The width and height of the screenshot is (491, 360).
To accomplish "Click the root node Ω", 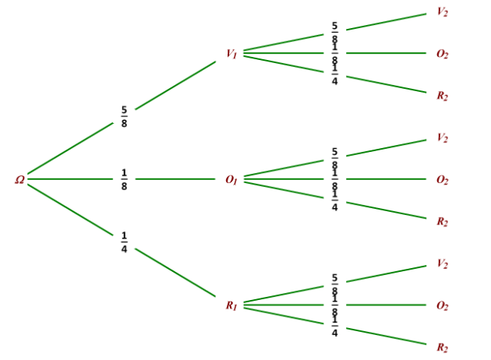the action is click(x=19, y=180).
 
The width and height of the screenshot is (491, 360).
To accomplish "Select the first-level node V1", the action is click(x=231, y=54).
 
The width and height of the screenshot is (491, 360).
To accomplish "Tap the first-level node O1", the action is click(x=231, y=180).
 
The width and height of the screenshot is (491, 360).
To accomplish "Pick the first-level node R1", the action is click(x=231, y=305).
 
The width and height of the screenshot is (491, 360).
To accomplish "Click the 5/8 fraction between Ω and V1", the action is click(x=125, y=116).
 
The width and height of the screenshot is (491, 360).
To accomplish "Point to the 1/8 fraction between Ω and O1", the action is click(x=125, y=180).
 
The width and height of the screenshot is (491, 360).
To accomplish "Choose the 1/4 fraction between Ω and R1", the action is click(x=125, y=242).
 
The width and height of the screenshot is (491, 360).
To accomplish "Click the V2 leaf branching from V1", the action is click(x=443, y=12).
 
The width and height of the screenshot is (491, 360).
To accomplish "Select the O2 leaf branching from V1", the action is click(x=443, y=54).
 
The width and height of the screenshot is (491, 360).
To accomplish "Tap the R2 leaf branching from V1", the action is click(x=443, y=96).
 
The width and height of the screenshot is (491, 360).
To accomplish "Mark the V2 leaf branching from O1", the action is click(x=443, y=138).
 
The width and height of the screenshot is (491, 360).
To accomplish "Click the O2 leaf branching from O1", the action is click(x=443, y=180).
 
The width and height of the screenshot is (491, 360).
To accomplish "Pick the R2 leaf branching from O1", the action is click(x=443, y=221).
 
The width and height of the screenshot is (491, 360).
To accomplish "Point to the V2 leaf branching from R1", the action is click(x=443, y=263).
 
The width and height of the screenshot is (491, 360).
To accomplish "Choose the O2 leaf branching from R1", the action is click(x=443, y=305).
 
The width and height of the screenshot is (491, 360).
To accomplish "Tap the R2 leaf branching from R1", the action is click(x=443, y=348).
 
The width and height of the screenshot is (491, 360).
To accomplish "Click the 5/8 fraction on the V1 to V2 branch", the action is click(x=335, y=32).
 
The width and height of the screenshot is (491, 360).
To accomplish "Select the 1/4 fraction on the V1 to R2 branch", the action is click(x=335, y=75).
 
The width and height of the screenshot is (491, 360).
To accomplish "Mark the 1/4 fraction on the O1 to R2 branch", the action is click(x=335, y=200).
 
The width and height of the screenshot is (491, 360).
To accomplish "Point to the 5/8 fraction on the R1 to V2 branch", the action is click(x=335, y=284).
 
